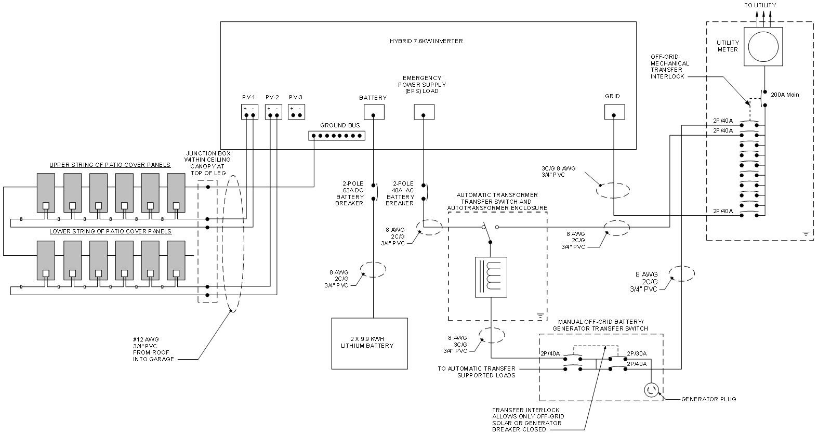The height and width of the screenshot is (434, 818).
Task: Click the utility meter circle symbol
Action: [x=763, y=47]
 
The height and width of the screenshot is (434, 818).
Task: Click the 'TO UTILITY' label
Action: [x=760, y=5]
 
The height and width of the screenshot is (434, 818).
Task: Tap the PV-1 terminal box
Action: [x=249, y=112]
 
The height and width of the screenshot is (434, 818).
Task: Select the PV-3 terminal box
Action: [x=296, y=112]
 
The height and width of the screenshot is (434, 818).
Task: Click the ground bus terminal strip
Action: [x=337, y=136]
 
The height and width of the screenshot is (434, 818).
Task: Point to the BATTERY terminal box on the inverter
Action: [x=373, y=112]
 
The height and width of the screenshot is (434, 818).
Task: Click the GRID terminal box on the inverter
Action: [x=614, y=112]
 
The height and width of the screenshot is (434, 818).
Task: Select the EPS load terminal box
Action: [x=424, y=112]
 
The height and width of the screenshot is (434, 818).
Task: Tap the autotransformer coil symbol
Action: [x=491, y=277]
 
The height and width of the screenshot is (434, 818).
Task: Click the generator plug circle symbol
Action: [x=652, y=390]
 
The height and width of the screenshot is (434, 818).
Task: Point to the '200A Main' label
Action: [x=785, y=95]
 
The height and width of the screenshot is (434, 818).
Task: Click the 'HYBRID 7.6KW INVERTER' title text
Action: [x=426, y=41]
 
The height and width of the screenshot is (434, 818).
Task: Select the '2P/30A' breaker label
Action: [x=637, y=353]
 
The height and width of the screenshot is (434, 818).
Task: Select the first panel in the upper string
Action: [x=46, y=192]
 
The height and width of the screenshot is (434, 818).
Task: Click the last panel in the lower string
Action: [x=176, y=260]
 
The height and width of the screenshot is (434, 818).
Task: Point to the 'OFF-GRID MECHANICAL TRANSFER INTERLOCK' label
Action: [x=670, y=67]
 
